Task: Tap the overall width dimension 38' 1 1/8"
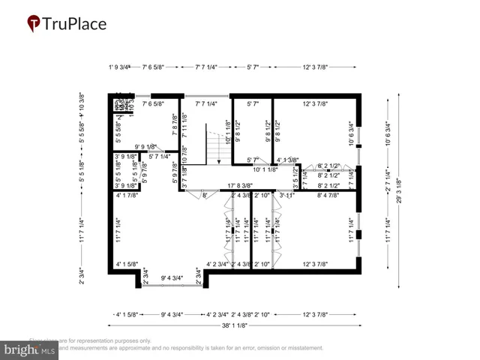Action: [x=235, y=325]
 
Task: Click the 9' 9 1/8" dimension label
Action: [x=145, y=146]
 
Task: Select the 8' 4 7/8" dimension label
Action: [x=328, y=195]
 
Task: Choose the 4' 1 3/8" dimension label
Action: [x=287, y=160]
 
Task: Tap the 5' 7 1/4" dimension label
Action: [x=163, y=156]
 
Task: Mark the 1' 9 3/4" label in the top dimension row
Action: [x=119, y=67]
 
